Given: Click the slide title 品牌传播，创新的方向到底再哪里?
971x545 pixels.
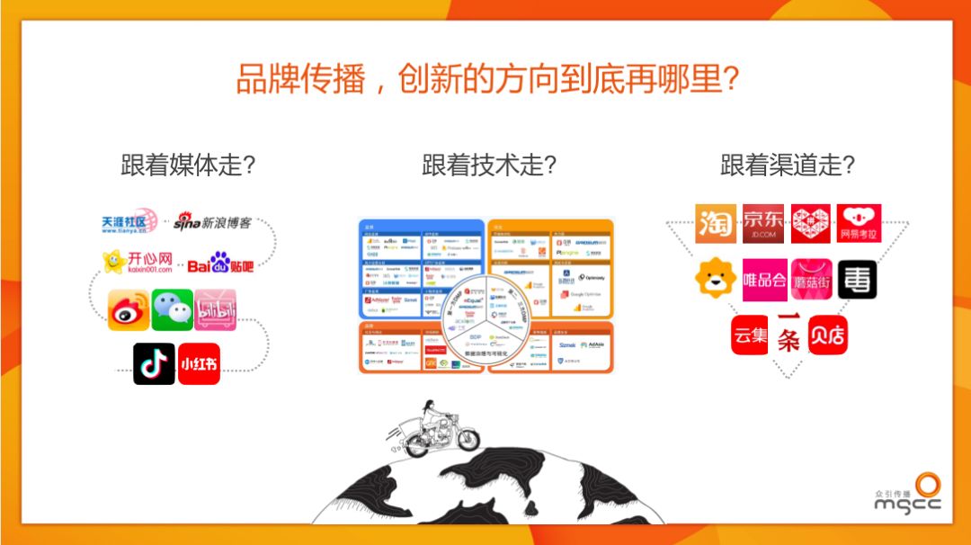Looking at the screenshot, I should coord(486,79).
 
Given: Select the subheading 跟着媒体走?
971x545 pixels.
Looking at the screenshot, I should coord(188,165).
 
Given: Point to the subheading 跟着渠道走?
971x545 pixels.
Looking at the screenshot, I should coord(787,165).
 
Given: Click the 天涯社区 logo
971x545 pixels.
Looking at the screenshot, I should coord(130,222).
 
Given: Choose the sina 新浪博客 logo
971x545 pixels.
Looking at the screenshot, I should coord(212,221).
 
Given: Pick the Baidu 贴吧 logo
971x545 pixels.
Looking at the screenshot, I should coord(220,264).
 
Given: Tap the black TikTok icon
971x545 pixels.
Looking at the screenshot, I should coord(154,363).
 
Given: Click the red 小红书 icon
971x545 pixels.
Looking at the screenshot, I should coord(199,363).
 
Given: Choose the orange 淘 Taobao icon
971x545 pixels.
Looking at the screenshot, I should coord(716,224).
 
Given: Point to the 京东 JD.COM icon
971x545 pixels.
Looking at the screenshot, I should coord(762,224).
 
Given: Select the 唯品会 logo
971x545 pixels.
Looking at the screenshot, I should coord(763,281).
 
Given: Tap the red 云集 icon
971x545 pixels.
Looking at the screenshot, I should coord(750,335).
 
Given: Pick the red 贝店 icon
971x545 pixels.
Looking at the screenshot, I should coord(827,335).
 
